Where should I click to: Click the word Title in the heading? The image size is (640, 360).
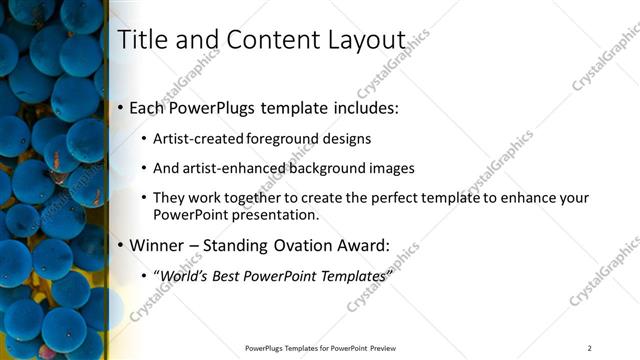(x=140, y=40)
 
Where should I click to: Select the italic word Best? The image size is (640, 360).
(x=230, y=274)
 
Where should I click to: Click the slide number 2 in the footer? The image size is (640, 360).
(x=589, y=347)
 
